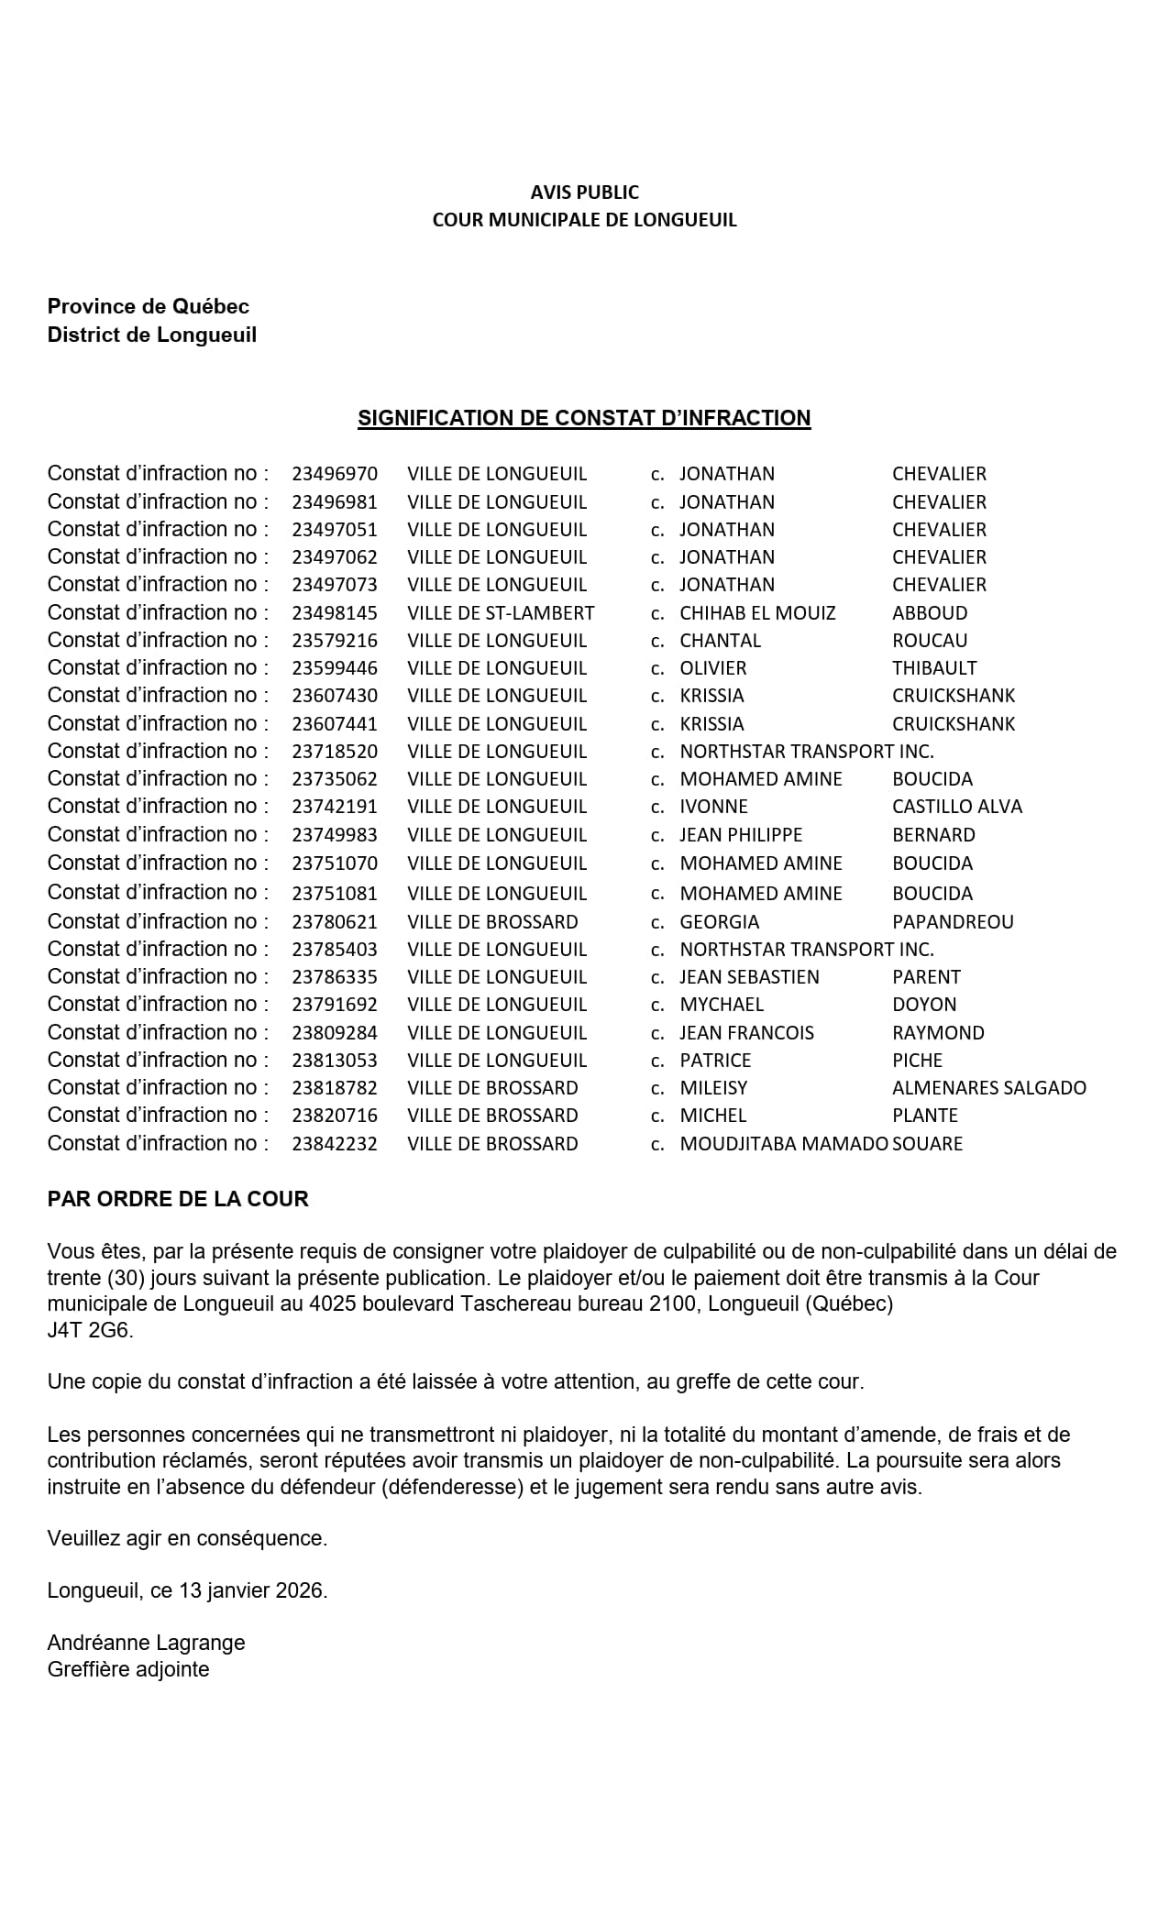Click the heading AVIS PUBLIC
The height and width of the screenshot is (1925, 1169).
click(584, 192)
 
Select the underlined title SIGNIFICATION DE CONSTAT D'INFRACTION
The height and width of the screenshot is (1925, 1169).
click(584, 418)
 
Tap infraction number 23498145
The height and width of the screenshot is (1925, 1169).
click(335, 613)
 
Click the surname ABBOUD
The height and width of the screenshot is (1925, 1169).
click(930, 613)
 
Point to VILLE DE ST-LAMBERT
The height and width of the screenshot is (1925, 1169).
click(501, 613)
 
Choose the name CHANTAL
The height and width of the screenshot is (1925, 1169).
click(721, 641)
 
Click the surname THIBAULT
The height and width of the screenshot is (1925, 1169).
click(934, 668)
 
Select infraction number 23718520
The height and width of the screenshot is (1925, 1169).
click(335, 752)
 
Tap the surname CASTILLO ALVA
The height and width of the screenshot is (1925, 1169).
click(957, 807)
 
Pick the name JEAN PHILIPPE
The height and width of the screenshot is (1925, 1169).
click(741, 835)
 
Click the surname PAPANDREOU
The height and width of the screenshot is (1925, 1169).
click(953, 922)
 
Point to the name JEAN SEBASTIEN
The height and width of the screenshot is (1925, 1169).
click(749, 977)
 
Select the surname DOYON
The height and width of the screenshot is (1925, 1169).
click(924, 1005)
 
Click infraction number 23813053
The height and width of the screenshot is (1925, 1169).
click(335, 1061)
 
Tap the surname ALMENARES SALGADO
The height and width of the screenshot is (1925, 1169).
click(989, 1088)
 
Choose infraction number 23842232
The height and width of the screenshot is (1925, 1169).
click(335, 1144)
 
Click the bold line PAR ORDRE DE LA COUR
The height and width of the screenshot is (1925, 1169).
click(178, 1199)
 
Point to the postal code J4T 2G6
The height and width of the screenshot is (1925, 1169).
click(90, 1330)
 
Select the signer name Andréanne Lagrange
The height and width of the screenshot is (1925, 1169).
click(146, 1643)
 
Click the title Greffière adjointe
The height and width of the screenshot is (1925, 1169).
click(128, 1669)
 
